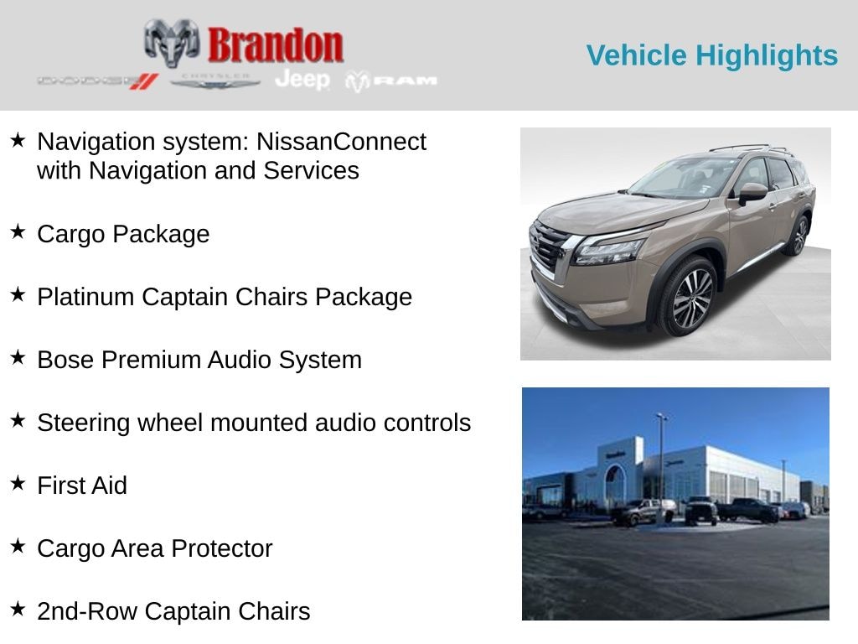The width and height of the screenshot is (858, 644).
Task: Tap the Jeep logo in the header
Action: click(x=302, y=80)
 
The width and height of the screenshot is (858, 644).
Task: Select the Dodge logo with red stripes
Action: click(x=97, y=81)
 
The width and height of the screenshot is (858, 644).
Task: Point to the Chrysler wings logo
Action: click(x=215, y=80)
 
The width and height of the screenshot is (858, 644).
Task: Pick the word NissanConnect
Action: click(x=341, y=142)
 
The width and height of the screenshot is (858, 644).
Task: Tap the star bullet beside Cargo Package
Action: click(x=18, y=232)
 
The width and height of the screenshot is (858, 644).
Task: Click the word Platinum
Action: click(x=85, y=297)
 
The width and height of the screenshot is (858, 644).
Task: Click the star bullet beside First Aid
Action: click(x=18, y=484)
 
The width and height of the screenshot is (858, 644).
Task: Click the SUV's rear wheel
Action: click(x=797, y=236)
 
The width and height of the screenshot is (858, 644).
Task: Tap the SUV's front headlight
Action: click(x=610, y=250)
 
